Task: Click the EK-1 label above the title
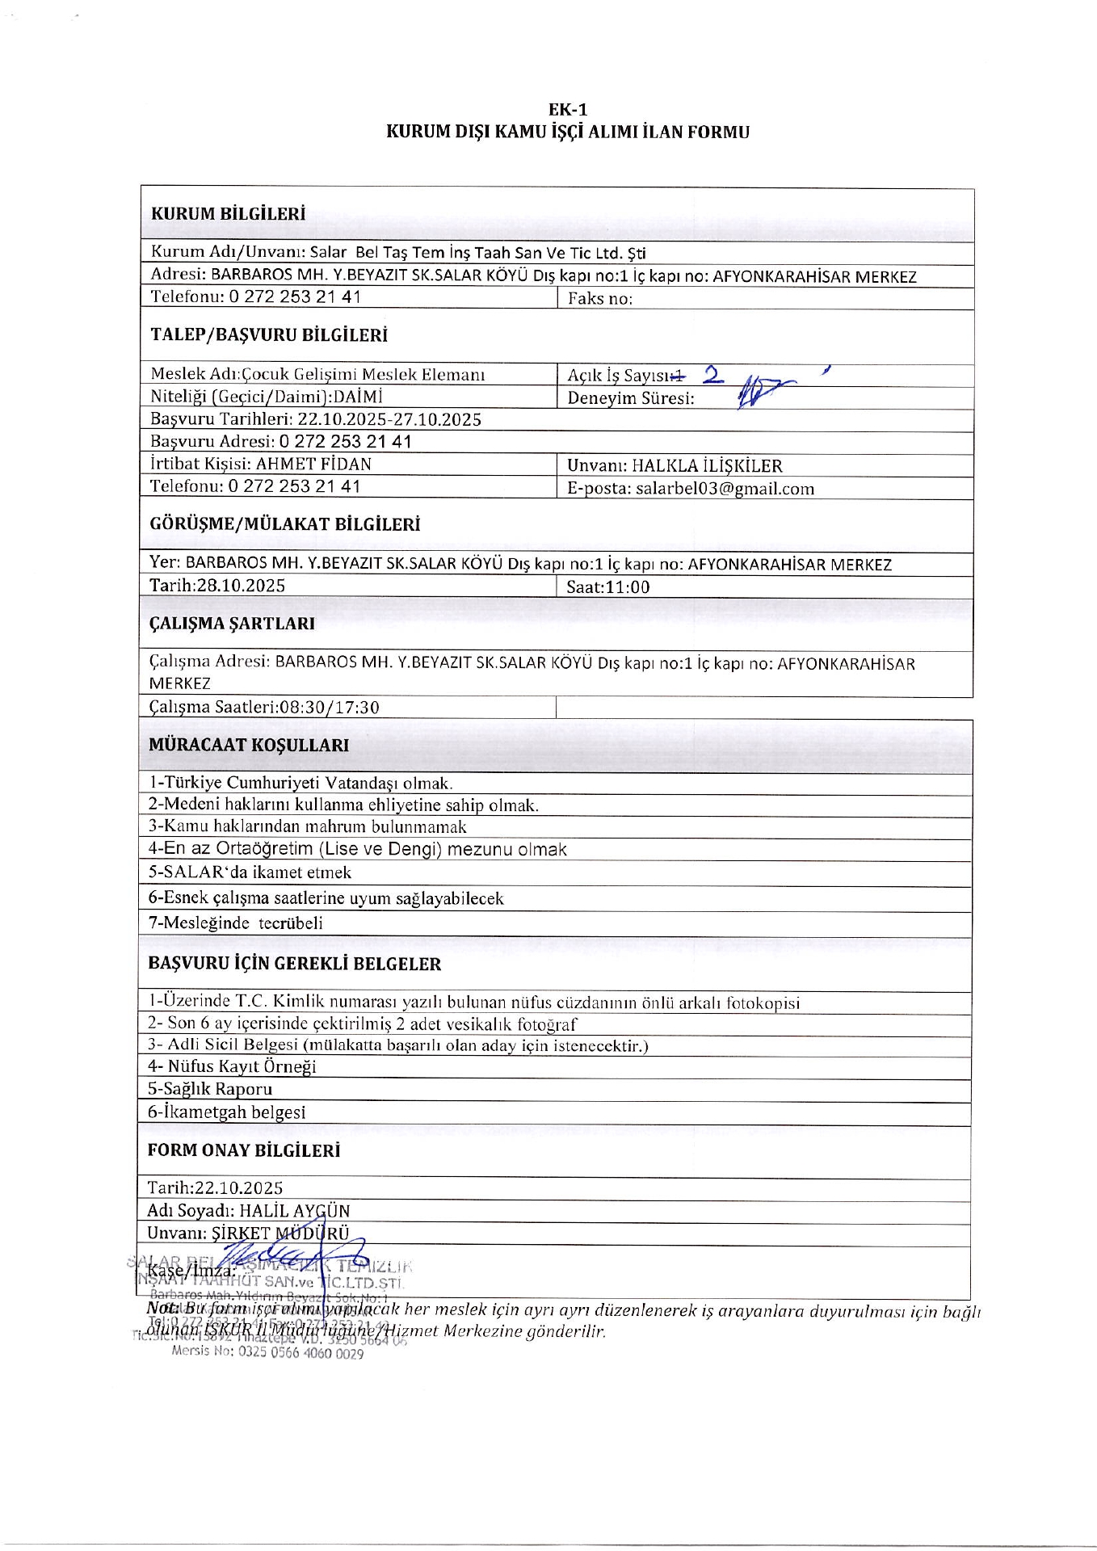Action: [x=567, y=110]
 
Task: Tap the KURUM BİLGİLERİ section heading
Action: [x=229, y=214]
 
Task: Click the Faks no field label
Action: [x=599, y=298]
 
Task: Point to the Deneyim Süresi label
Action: [x=630, y=397]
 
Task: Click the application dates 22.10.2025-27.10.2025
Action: [x=389, y=419]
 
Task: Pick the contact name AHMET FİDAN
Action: [x=313, y=464]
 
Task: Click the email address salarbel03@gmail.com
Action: [x=725, y=488]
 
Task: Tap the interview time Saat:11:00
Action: [x=607, y=587]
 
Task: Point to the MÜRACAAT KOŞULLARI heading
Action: [x=249, y=745]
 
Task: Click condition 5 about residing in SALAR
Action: [x=250, y=872]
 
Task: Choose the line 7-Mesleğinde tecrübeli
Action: [x=235, y=923]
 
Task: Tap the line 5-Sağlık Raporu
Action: [x=210, y=1089]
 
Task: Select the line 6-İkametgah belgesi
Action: [x=226, y=1112]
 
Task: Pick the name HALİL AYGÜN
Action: [x=295, y=1211]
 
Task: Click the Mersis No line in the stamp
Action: [x=267, y=1352]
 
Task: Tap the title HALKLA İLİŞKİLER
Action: [x=707, y=465]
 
